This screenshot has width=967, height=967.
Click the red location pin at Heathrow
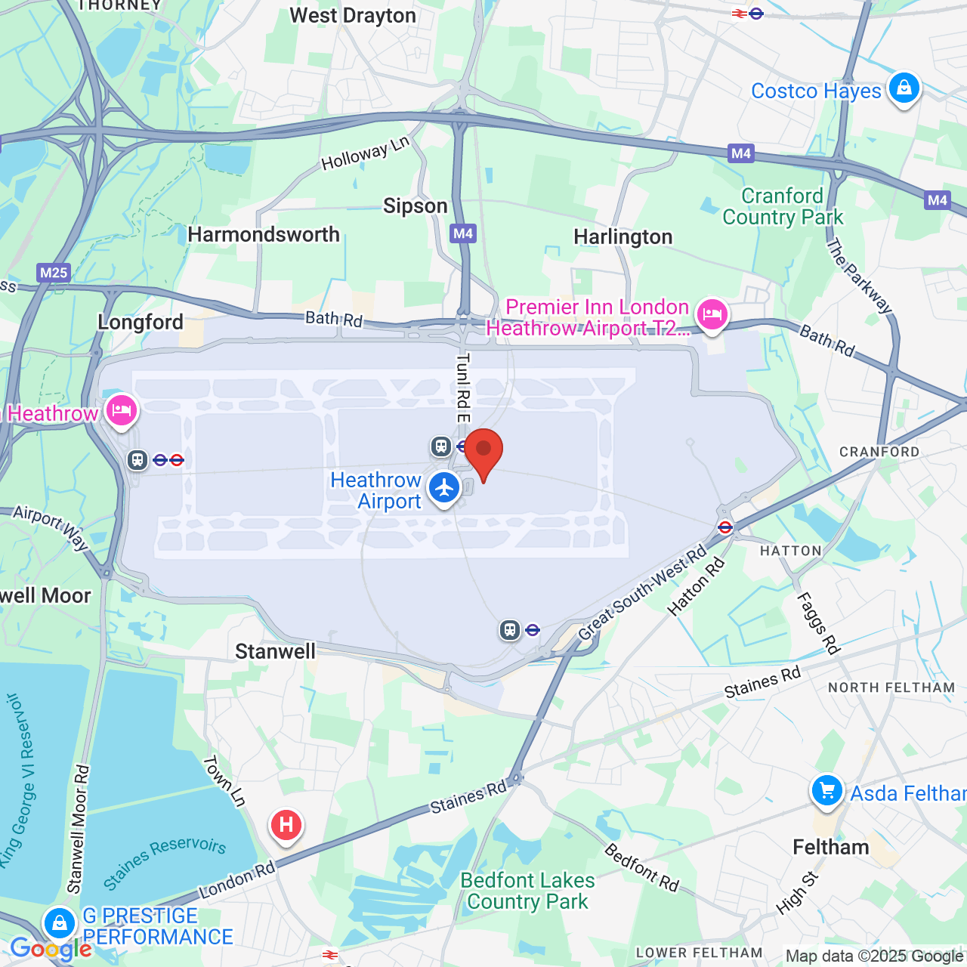pyautogui.click(x=483, y=451)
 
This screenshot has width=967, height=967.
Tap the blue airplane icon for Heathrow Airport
pyautogui.click(x=444, y=488)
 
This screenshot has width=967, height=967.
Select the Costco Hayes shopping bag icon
pyautogui.click(x=904, y=88)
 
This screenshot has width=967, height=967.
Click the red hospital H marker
pyautogui.click(x=286, y=824)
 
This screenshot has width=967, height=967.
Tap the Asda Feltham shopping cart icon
pyautogui.click(x=827, y=791)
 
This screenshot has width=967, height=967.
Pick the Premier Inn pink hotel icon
pyautogui.click(x=712, y=314)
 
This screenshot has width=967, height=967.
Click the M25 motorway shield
pyautogui.click(x=54, y=273)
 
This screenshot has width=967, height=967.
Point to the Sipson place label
pyautogui.click(x=415, y=206)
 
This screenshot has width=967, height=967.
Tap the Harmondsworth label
pyautogui.click(x=264, y=235)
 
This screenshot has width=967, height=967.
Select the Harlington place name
pyautogui.click(x=623, y=237)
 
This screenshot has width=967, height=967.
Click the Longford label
pyautogui.click(x=141, y=323)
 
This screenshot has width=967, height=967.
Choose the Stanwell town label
pyautogui.click(x=275, y=652)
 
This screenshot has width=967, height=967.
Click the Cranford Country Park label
pyautogui.click(x=783, y=207)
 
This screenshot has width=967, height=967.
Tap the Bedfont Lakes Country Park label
pyautogui.click(x=527, y=891)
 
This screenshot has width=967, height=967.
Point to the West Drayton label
pyautogui.click(x=353, y=16)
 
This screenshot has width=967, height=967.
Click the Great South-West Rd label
pyautogui.click(x=642, y=592)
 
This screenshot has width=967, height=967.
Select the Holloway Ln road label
pyautogui.click(x=365, y=153)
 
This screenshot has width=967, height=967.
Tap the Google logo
pyautogui.click(x=50, y=949)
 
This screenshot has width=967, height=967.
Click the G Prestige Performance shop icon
pyautogui.click(x=60, y=922)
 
